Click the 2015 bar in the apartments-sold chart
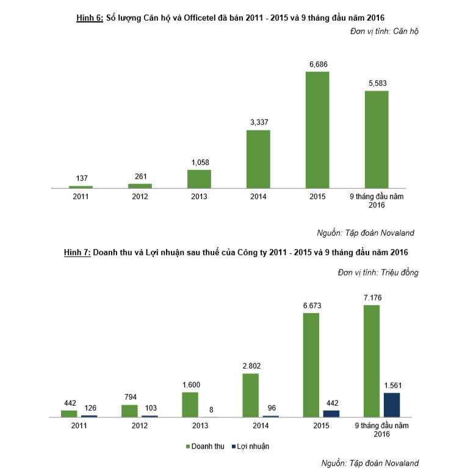point(317,130)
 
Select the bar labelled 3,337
point(258,159)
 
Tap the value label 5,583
point(377,83)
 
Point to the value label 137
point(81,178)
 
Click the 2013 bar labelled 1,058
point(199,179)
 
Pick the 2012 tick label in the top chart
point(140,197)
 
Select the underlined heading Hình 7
point(77,252)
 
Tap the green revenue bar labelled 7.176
point(372,361)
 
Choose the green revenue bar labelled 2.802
point(250,395)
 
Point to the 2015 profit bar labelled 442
point(331,413)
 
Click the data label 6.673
point(311,305)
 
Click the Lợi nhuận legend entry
point(250,446)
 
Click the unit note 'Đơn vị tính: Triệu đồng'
point(378,272)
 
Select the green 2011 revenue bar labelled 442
point(69,413)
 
